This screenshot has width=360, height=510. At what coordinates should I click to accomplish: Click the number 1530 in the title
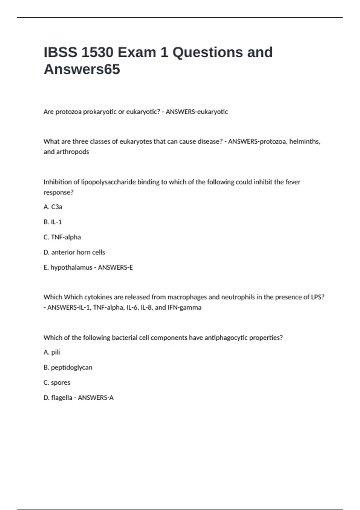point(97,52)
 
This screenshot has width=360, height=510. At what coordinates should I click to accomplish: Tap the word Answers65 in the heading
point(82,69)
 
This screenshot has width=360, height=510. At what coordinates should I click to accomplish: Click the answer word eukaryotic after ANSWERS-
point(212,112)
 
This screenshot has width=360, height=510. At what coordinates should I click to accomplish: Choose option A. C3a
point(53,207)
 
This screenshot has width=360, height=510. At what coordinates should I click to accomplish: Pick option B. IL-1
point(52,222)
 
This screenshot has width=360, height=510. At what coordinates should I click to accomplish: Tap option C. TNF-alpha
point(62,237)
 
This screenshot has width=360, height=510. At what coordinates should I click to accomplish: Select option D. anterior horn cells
point(74,252)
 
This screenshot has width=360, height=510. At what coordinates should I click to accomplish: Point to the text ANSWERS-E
point(115,267)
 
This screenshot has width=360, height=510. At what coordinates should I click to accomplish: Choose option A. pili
point(52,352)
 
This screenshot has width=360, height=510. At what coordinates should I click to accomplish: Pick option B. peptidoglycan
point(68,367)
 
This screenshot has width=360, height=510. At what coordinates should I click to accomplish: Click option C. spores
point(57,382)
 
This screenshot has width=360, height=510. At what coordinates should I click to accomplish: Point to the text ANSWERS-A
point(96,398)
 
